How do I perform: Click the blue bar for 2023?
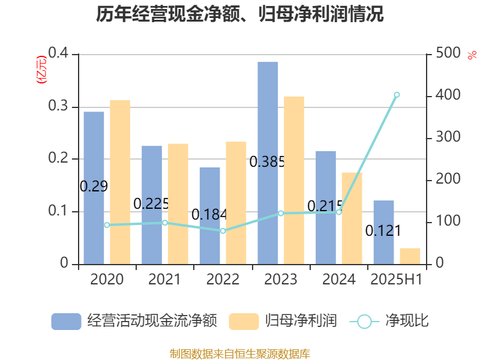pyautogui.click(x=268, y=163)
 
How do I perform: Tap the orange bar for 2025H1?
pyautogui.click(x=410, y=256)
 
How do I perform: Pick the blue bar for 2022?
pyautogui.click(x=209, y=215)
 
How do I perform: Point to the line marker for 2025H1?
pyautogui.click(x=397, y=95)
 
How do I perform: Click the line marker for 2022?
pyautogui.click(x=223, y=231)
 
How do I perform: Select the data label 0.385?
pyautogui.click(x=266, y=161)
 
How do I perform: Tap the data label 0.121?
pyautogui.click(x=383, y=230)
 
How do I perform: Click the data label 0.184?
pyautogui.click(x=209, y=214)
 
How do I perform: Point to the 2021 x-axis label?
pyautogui.click(x=164, y=279)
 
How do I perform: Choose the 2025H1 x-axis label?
pyautogui.click(x=397, y=279)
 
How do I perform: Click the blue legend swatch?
pyautogui.click(x=66, y=321)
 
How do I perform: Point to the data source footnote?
pyautogui.click(x=240, y=353)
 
